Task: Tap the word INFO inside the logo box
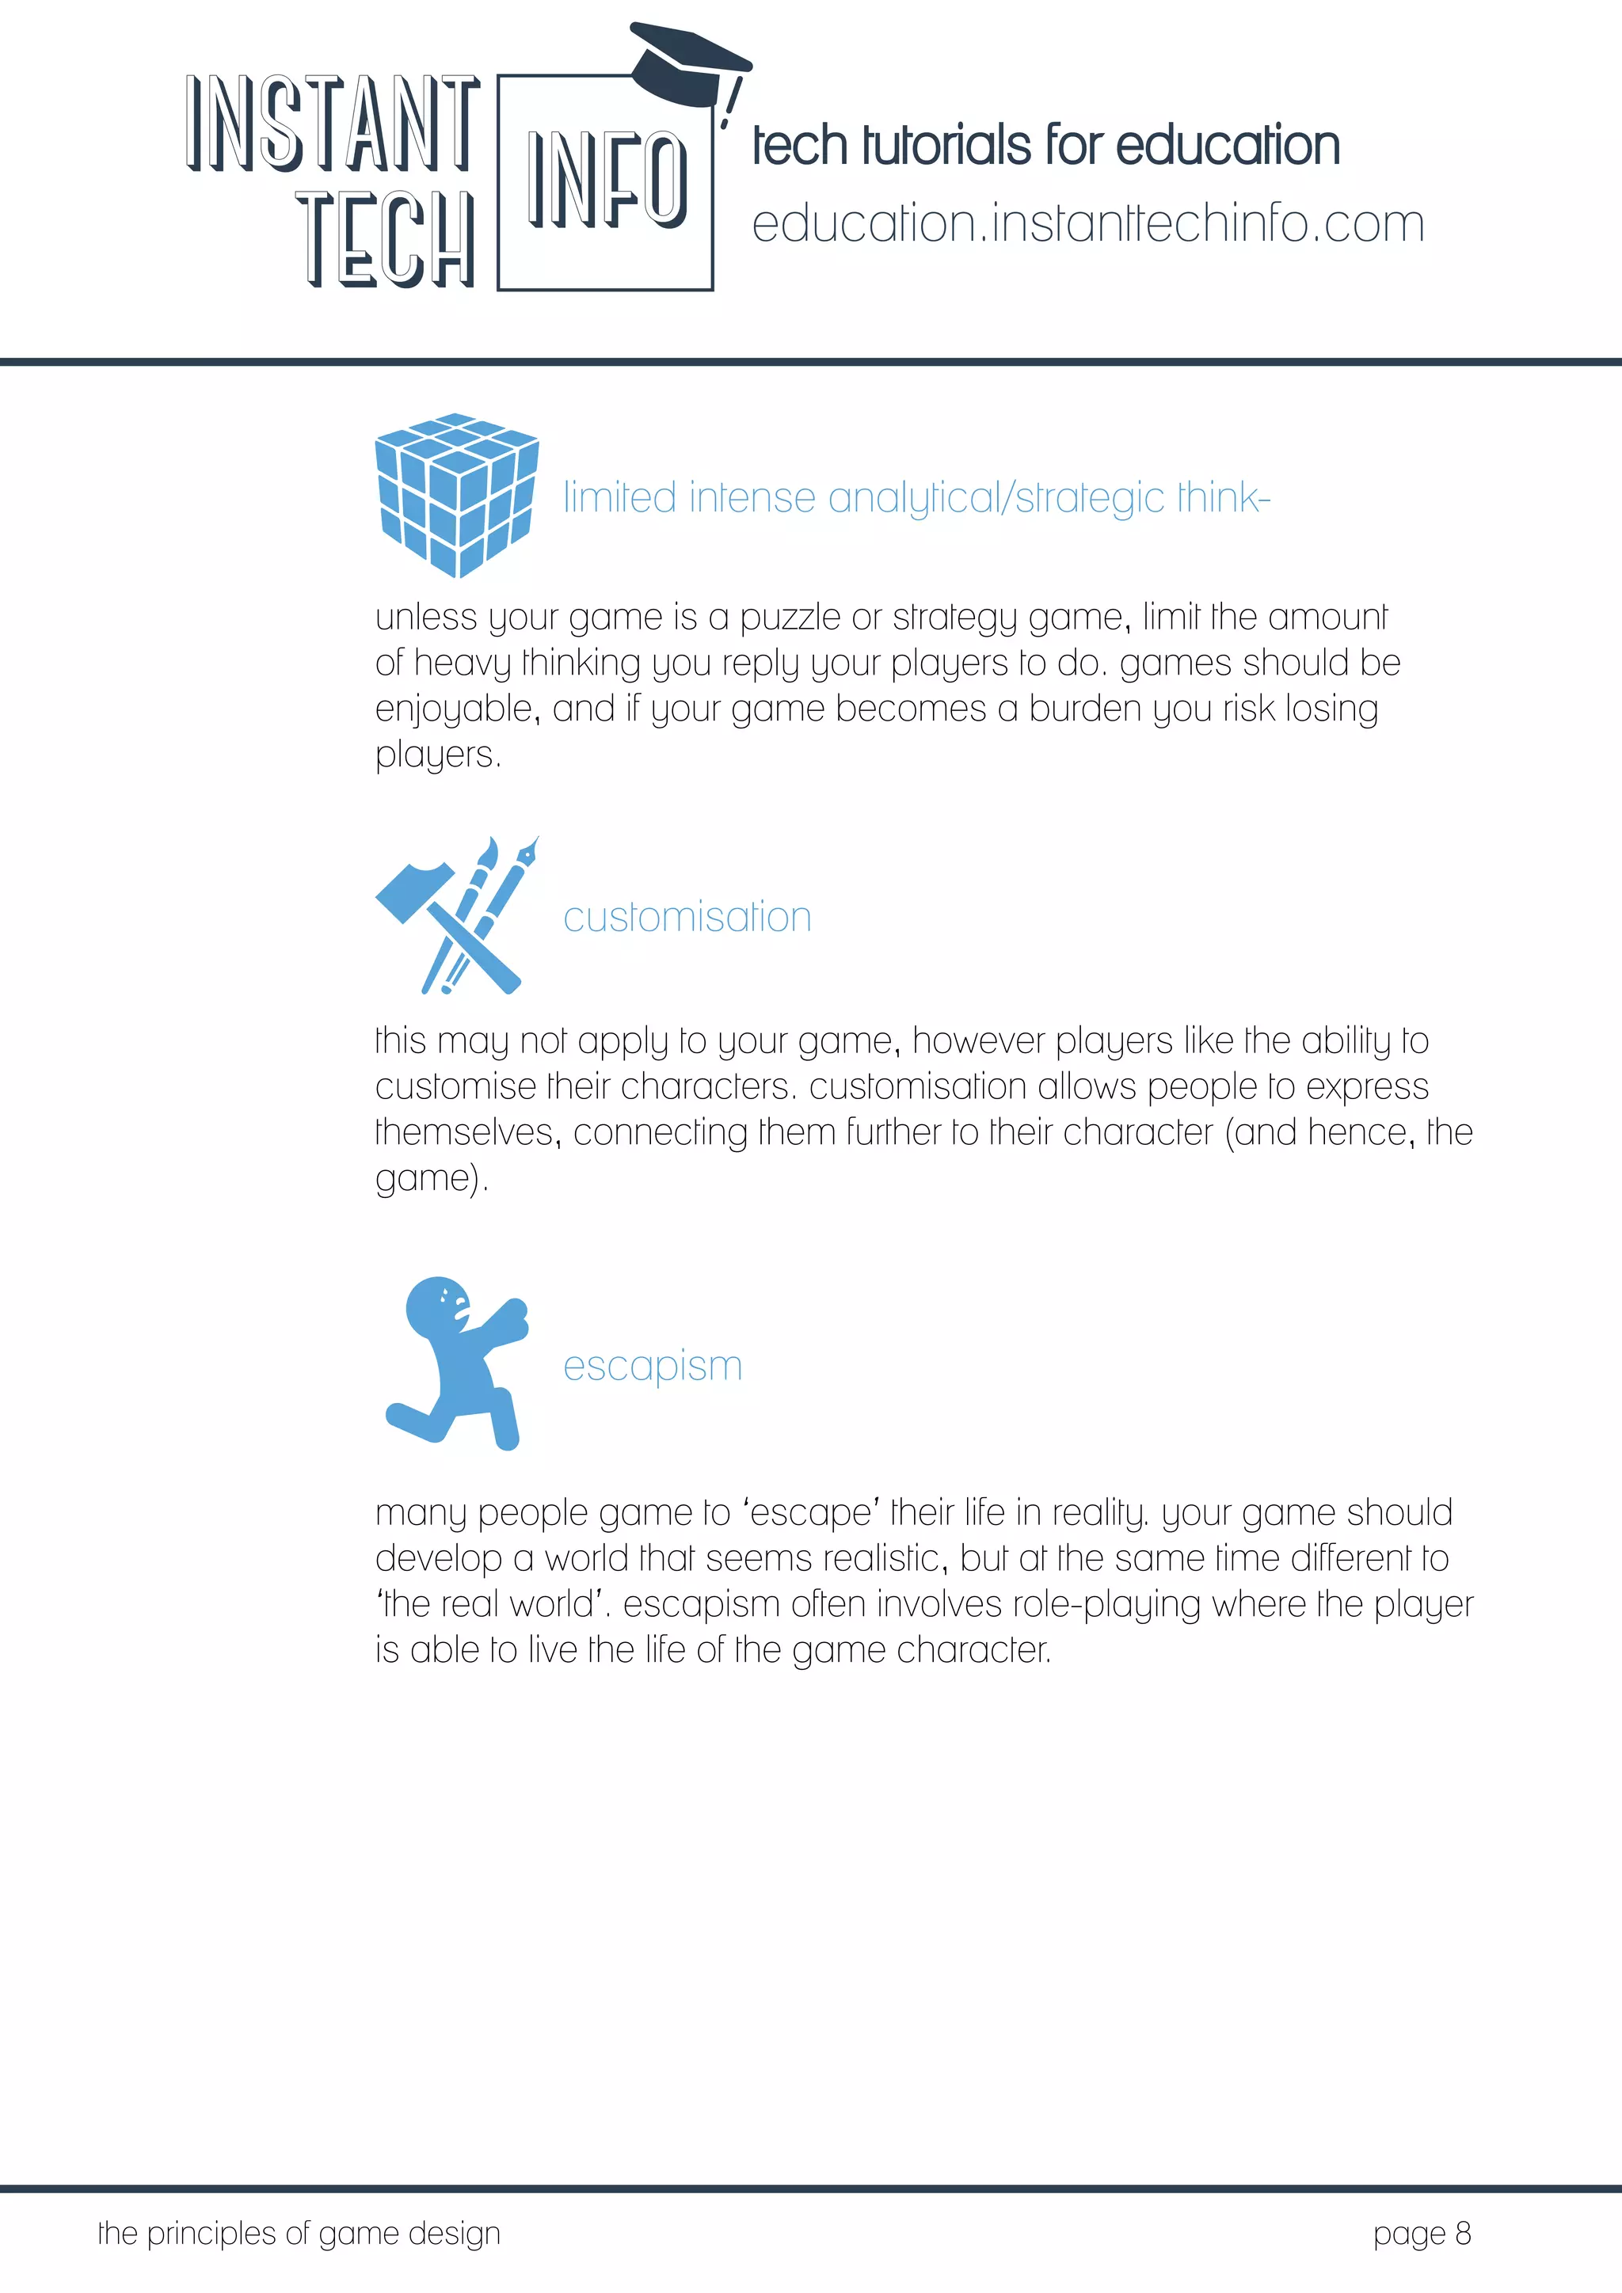coord(606,181)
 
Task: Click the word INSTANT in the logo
coord(333,123)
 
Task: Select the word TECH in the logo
coord(386,240)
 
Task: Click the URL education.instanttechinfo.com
coord(1087,224)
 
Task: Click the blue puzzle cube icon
coord(456,494)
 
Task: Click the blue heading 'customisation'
coord(687,917)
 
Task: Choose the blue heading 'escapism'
coord(652,1365)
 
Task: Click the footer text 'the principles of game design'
coord(299,2233)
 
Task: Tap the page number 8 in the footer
coord(1462,2233)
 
